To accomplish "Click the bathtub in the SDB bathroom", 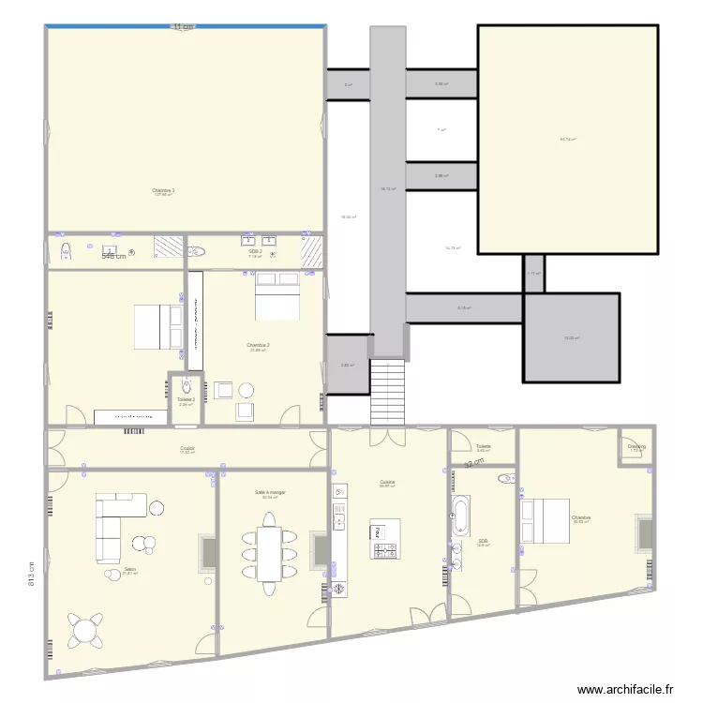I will pyautogui.click(x=459, y=518).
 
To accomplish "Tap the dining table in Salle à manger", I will pyautogui.click(x=269, y=554).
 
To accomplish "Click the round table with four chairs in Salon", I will pyautogui.click(x=85, y=629).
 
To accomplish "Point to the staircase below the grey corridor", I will pyautogui.click(x=389, y=391).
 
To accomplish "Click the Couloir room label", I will pyautogui.click(x=187, y=449).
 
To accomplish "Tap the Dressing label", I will pyautogui.click(x=636, y=447).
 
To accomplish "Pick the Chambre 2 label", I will pyautogui.click(x=259, y=345).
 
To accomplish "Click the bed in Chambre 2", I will pyautogui.click(x=277, y=294).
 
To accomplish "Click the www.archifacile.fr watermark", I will pyautogui.click(x=625, y=690).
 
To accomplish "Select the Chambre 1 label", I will pyautogui.click(x=164, y=190).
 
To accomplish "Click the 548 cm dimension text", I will pyautogui.click(x=113, y=256).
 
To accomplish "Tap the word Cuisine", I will pyautogui.click(x=386, y=482).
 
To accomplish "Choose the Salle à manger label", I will pyautogui.click(x=271, y=492).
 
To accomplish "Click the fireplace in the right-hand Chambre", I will pyautogui.click(x=644, y=532).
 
